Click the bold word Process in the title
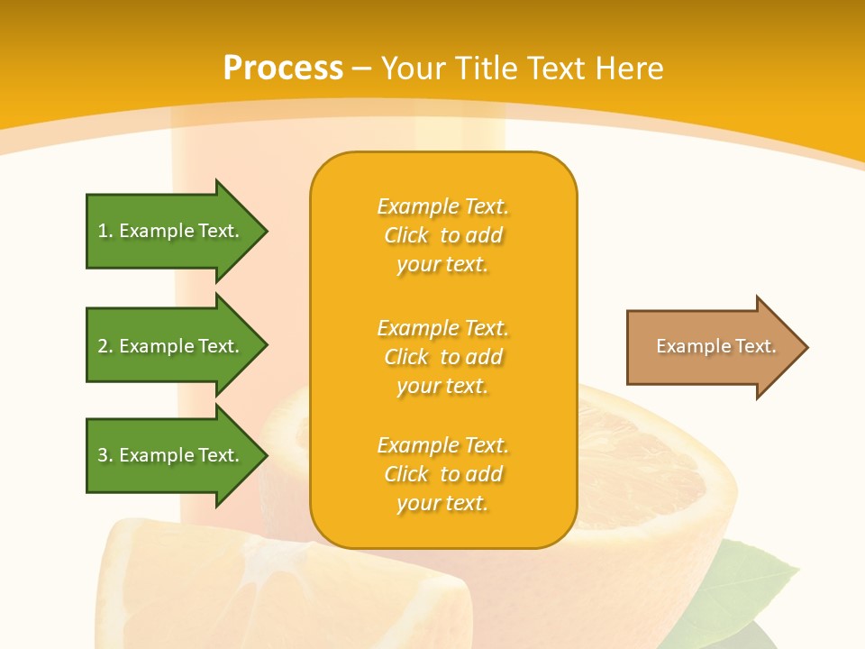283,69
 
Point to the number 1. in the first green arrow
105,231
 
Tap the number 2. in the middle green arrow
105,346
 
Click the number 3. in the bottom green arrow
105,455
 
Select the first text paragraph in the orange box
442,235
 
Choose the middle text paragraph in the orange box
442,357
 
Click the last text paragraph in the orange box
442,474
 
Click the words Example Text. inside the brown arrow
716,346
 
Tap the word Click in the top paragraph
406,235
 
